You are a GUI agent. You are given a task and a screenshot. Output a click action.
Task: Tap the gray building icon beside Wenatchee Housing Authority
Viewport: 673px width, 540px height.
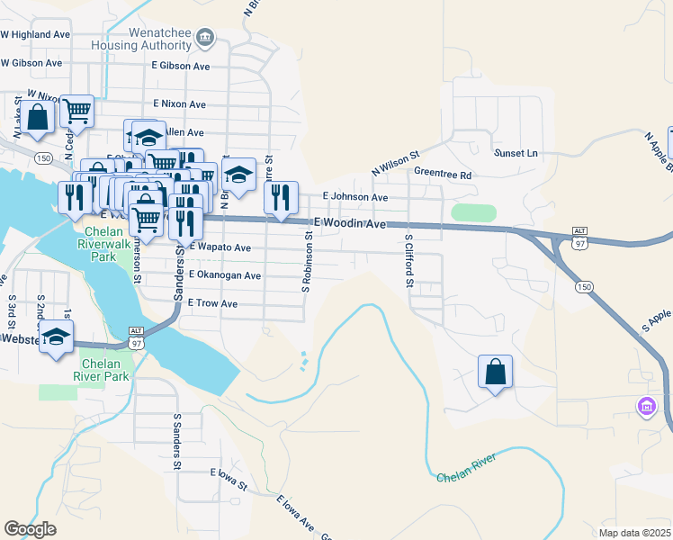(206, 38)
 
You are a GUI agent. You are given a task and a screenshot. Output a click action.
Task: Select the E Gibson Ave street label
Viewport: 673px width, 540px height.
(180, 67)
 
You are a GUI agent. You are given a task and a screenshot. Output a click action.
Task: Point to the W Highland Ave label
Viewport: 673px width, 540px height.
(35, 34)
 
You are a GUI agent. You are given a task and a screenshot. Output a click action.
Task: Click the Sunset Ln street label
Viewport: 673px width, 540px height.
(516, 154)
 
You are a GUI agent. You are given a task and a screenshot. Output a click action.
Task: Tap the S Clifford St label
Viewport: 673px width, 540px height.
(408, 261)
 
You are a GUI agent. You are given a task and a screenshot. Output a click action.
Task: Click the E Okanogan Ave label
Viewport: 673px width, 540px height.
(224, 275)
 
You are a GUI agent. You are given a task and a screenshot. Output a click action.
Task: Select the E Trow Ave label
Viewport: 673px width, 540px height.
(212, 304)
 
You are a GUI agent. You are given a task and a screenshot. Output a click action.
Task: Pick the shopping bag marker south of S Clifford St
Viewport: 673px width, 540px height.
(495, 372)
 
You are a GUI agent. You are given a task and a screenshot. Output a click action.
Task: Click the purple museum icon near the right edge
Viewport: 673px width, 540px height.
(645, 408)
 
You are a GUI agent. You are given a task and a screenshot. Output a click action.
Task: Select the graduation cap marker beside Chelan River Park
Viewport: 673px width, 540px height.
(57, 338)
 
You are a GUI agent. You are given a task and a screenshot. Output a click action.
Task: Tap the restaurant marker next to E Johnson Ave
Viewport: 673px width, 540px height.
(282, 198)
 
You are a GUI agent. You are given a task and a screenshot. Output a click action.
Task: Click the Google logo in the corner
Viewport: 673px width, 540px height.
(30, 529)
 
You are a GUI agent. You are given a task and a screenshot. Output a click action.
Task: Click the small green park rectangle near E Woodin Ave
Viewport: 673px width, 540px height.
(473, 213)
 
